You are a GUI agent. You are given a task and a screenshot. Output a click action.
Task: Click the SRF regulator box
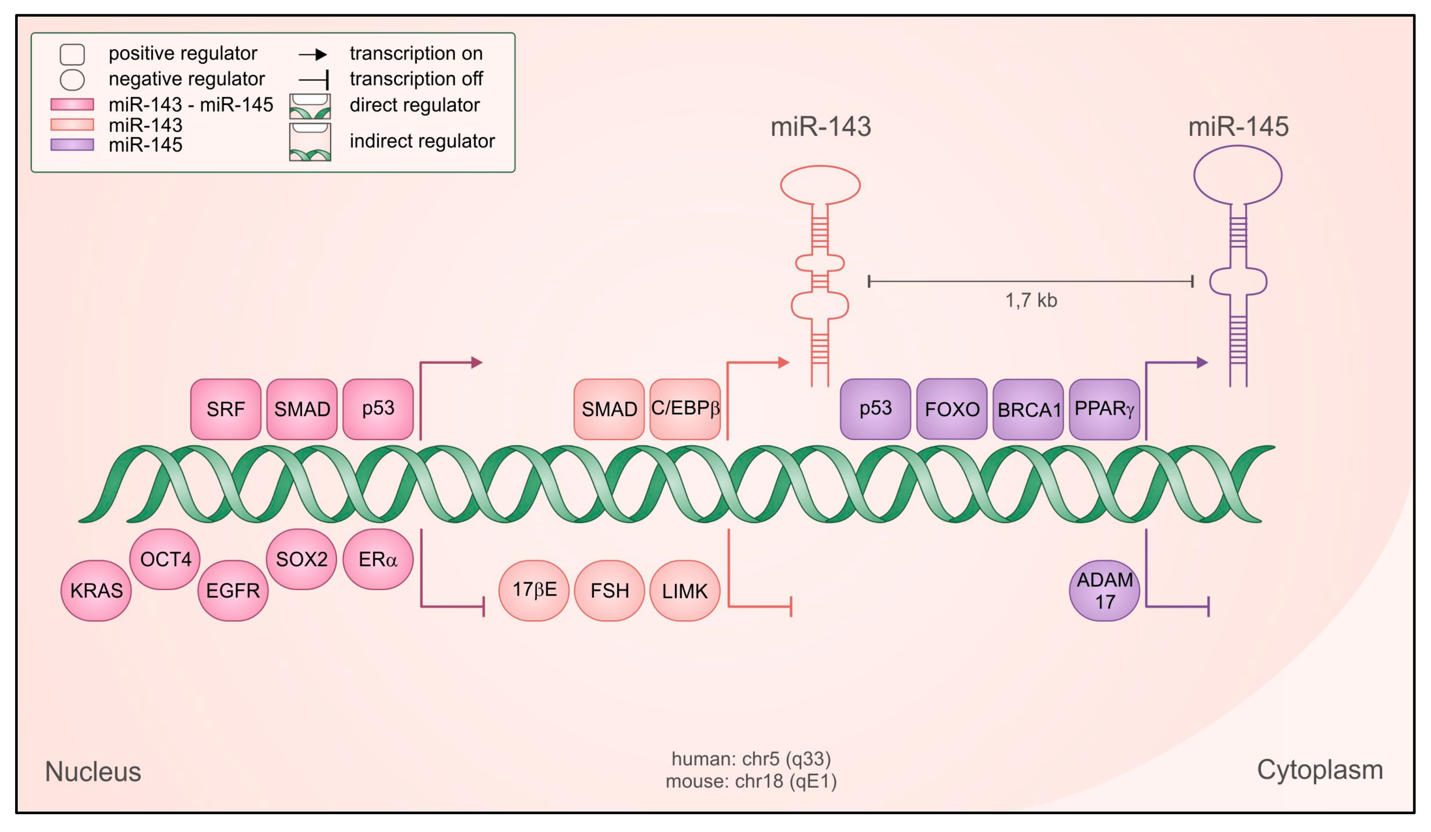coord(225,409)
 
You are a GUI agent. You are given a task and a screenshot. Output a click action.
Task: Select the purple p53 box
coord(875,409)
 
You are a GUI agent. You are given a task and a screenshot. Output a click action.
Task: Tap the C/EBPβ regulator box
coord(685,409)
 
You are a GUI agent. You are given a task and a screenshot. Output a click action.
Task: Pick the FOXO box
coord(952,409)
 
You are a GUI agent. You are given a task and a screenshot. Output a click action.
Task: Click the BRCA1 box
coord(1028,409)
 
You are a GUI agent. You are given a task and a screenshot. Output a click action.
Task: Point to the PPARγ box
coord(1104,409)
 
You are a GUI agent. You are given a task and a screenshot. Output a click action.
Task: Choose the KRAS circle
coord(96,591)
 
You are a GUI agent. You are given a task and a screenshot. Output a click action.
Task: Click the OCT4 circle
coord(165,560)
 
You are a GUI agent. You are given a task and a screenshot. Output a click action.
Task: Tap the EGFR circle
coord(233,591)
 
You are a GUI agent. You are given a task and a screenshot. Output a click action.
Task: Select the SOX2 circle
coord(301,560)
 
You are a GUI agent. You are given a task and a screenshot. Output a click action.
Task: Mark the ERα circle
coord(378,560)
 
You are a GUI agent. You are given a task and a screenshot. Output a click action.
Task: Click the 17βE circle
coord(534,591)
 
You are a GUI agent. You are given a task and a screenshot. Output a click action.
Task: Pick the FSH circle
coord(609,591)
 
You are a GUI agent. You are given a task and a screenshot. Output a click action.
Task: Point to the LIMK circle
coord(685,591)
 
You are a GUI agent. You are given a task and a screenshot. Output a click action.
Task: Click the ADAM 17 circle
coord(1104,591)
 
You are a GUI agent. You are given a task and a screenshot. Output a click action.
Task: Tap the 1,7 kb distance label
coord(1031,300)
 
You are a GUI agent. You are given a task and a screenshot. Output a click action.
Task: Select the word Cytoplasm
coord(1320,771)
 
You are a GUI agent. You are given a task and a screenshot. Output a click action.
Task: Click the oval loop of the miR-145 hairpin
coord(1238,147)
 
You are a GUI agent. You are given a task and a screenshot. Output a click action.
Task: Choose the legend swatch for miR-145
coord(72,145)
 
